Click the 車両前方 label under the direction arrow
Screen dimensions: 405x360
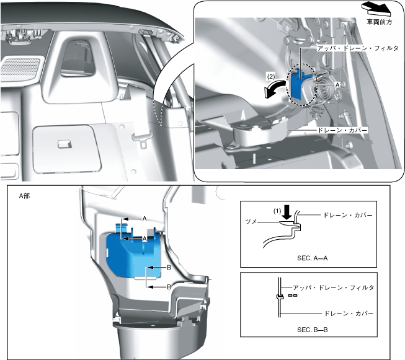pyautogui.click(x=379, y=22)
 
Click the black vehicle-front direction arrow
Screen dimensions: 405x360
pyautogui.click(x=377, y=9)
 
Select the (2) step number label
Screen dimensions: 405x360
pyautogui.click(x=271, y=77)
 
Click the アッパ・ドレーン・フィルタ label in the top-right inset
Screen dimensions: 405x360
pyautogui.click(x=358, y=48)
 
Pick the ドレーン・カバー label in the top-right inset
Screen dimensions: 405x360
pyautogui.click(x=342, y=130)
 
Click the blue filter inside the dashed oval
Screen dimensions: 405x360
pyautogui.click(x=298, y=84)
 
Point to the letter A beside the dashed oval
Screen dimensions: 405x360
pyautogui.click(x=337, y=85)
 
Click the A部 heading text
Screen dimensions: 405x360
pyautogui.click(x=24, y=196)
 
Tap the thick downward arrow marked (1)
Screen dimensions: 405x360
pyautogui.click(x=287, y=212)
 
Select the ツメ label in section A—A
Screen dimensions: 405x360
pyautogui.click(x=251, y=221)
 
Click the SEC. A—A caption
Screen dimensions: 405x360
pyautogui.click(x=312, y=258)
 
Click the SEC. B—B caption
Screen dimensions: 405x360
pyautogui.click(x=312, y=330)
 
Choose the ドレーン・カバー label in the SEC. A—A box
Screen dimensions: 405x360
pyautogui.click(x=348, y=215)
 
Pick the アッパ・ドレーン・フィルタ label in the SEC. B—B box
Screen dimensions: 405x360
pyautogui.click(x=333, y=288)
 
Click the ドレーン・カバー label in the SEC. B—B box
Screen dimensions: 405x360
pyautogui.click(x=349, y=314)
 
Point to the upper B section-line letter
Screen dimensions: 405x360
pyautogui.click(x=169, y=268)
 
